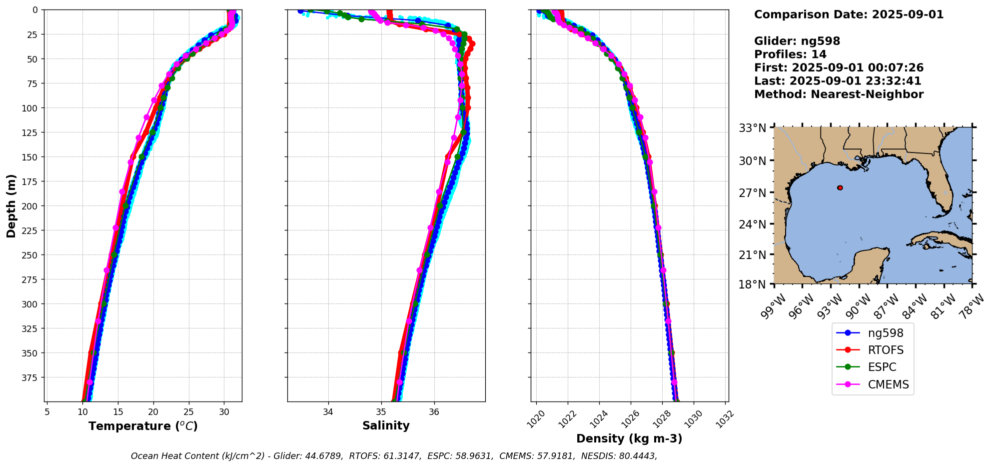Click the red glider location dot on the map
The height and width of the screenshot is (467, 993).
pyautogui.click(x=840, y=188)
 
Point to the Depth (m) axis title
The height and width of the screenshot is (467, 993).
pyautogui.click(x=11, y=205)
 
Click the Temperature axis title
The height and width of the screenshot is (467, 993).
pyautogui.click(x=143, y=426)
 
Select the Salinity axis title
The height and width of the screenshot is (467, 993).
pyautogui.click(x=386, y=425)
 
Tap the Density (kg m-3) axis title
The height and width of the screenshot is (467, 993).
pyautogui.click(x=629, y=438)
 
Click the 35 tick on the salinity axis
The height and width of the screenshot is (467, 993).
pyautogui.click(x=381, y=412)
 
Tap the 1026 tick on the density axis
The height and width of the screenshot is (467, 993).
pyautogui.click(x=629, y=417)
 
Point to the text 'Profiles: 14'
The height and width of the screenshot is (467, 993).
pyautogui.click(x=790, y=54)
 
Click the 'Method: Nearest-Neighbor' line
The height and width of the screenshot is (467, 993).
pyautogui.click(x=839, y=94)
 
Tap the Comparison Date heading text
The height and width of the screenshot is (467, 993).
pyautogui.click(x=849, y=14)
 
